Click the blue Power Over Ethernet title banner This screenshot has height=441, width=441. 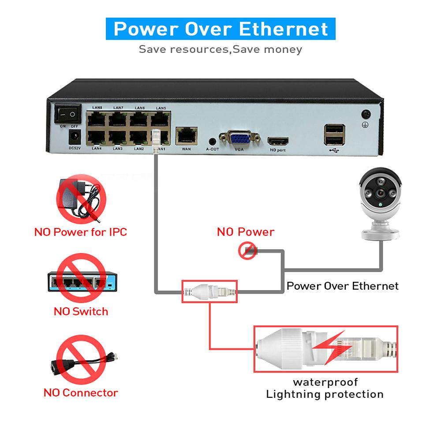(x=220, y=29)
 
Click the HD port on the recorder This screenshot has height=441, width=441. (x=278, y=142)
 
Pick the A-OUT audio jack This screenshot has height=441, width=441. (x=213, y=142)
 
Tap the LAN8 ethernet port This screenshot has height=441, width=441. (x=96, y=118)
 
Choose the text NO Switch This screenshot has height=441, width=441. (x=81, y=311)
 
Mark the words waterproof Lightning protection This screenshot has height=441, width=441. (x=325, y=388)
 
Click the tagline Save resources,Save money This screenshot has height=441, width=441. (x=220, y=49)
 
